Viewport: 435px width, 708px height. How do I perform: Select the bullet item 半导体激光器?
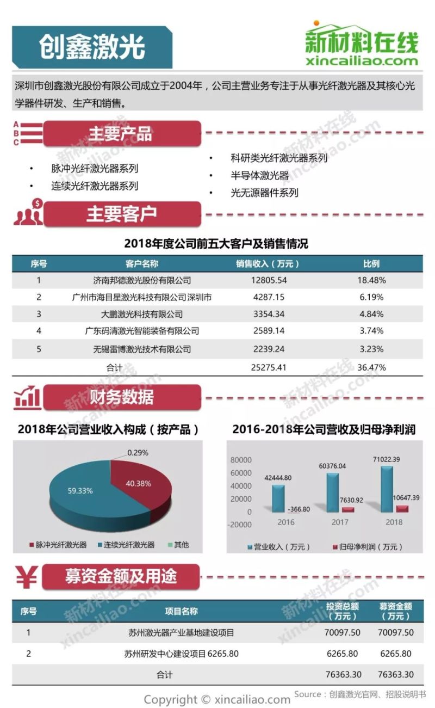pyautogui.click(x=259, y=175)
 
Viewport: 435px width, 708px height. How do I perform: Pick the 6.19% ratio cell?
pyautogui.click(x=371, y=297)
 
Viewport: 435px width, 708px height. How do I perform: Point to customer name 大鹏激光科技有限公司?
pyautogui.click(x=142, y=314)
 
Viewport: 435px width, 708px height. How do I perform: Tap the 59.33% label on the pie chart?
pyautogui.click(x=80, y=490)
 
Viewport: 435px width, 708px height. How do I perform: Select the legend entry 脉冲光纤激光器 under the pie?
pyautogui.click(x=58, y=545)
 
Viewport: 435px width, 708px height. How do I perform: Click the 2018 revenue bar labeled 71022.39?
pyautogui.click(x=387, y=489)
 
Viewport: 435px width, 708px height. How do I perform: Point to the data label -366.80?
pyautogui.click(x=298, y=509)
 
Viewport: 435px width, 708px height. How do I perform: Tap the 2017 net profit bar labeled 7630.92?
pyautogui.click(x=348, y=509)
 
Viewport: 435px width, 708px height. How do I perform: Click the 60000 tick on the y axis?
pyautogui.click(x=241, y=472)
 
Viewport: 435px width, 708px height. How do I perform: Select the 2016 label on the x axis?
pyautogui.click(x=285, y=522)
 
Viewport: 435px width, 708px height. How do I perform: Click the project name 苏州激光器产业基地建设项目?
pyautogui.click(x=182, y=633)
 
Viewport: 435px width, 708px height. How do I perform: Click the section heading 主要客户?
pyautogui.click(x=121, y=214)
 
